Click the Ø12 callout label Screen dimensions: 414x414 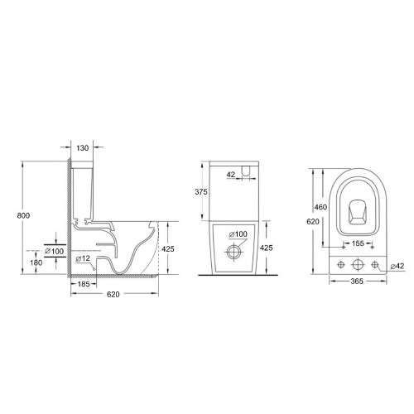[x=83, y=259]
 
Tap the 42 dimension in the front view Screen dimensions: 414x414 [x=232, y=175]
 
